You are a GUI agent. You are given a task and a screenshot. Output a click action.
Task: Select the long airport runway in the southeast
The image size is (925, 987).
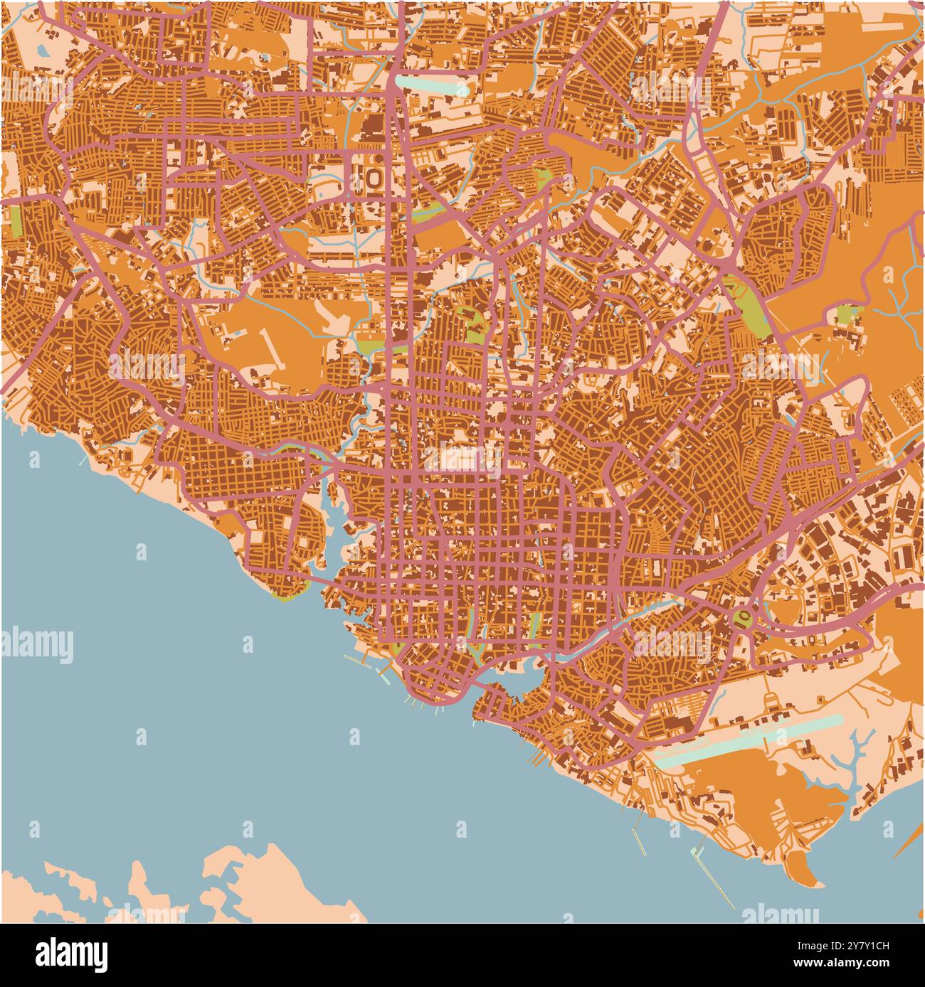747,740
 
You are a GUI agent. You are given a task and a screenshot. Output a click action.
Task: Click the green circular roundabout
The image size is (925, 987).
743,616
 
